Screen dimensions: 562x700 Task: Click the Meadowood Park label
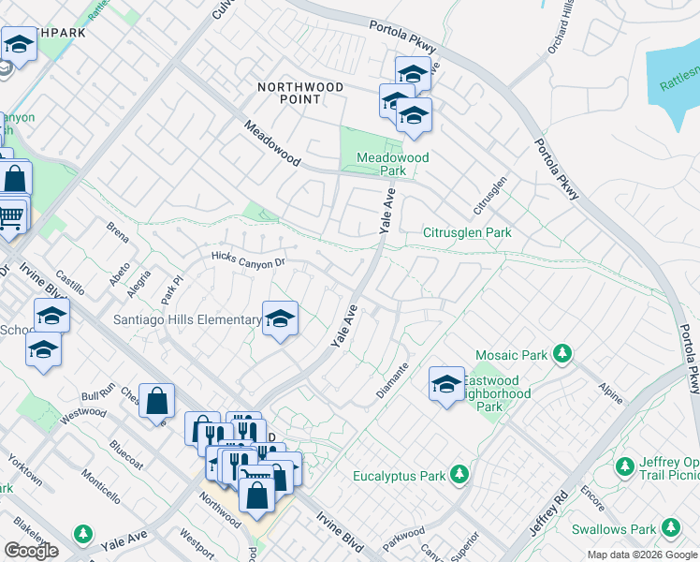click(x=393, y=164)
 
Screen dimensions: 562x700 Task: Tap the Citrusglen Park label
click(x=467, y=232)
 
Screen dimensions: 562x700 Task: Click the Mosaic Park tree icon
click(x=562, y=354)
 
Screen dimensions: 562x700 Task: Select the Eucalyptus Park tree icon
click(x=459, y=475)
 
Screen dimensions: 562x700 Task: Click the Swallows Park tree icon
click(x=670, y=528)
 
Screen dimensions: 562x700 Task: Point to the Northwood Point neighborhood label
click(x=301, y=94)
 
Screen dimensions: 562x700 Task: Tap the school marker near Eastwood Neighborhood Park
click(x=446, y=382)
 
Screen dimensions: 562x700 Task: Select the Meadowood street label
click(x=272, y=143)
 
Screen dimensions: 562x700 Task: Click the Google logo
click(x=31, y=551)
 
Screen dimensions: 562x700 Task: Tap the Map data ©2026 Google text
click(x=643, y=555)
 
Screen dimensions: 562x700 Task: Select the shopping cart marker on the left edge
click(x=9, y=215)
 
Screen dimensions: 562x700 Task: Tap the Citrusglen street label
click(x=490, y=193)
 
